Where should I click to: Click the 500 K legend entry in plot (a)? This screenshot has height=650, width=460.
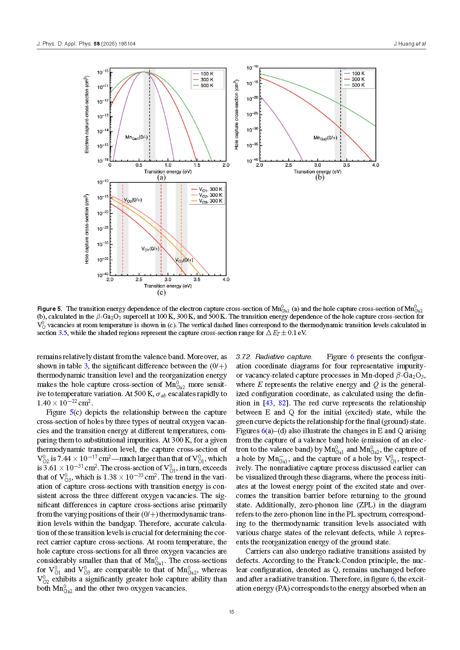tap(207, 86)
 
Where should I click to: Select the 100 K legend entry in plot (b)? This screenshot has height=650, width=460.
tap(358, 73)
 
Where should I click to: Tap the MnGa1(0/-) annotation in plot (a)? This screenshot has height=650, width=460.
tap(136, 137)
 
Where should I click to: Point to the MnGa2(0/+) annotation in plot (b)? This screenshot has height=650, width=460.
tap(325, 138)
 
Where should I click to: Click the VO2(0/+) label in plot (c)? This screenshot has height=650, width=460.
tap(133, 200)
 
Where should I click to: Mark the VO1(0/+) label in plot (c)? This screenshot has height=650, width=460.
tap(150, 249)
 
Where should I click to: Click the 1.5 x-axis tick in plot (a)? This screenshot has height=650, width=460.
tap(197, 165)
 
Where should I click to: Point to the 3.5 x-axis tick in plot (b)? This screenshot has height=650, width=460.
tap(347, 165)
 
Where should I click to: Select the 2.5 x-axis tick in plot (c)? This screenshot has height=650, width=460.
tap(139, 279)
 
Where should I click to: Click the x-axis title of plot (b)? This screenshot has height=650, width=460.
tap(317, 172)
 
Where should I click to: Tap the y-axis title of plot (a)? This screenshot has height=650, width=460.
tap(87, 115)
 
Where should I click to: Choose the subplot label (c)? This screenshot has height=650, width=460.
tap(161, 292)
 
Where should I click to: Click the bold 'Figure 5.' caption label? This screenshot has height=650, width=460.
tap(50, 309)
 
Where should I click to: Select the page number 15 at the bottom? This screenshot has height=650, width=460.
tap(231, 612)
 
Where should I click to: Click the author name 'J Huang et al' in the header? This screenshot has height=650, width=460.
tap(410, 44)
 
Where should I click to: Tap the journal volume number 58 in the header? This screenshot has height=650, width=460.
tap(96, 44)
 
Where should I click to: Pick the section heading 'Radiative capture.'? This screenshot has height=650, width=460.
tap(284, 357)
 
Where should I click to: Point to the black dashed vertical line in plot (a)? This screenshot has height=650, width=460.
tap(150, 111)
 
